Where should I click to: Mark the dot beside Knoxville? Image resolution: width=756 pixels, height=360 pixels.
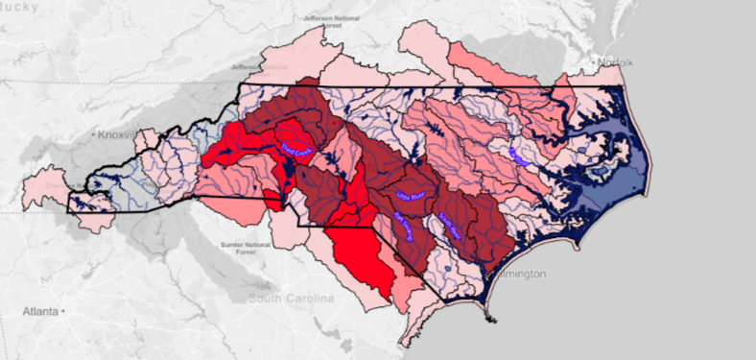[x=94, y=135]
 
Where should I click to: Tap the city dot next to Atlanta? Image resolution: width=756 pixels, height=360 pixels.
[x=63, y=312]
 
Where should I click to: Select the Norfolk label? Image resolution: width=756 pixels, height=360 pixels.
[x=617, y=62]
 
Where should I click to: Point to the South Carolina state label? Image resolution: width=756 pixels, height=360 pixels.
[x=291, y=299]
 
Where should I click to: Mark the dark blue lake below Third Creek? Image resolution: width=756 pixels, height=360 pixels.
[x=285, y=174]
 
